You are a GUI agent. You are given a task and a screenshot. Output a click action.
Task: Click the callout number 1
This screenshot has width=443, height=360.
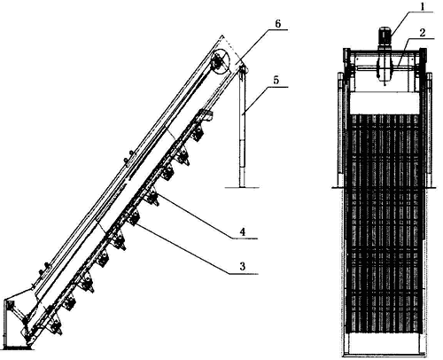click(x=422, y=6)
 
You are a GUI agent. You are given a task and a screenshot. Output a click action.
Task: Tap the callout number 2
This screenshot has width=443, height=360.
click(x=423, y=33)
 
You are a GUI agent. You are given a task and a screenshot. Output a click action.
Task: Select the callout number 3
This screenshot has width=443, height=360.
click(x=243, y=266)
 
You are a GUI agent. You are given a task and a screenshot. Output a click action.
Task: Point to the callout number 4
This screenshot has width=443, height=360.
click(x=243, y=231)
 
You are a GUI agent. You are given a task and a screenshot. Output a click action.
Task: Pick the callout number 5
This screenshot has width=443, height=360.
click(x=276, y=81)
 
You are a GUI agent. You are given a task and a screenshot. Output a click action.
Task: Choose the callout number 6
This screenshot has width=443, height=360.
click(x=277, y=24)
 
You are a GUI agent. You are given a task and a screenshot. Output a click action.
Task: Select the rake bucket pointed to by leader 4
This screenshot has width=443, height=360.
click(x=152, y=197)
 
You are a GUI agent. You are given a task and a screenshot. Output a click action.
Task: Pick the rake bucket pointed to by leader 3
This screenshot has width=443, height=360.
click(x=134, y=217)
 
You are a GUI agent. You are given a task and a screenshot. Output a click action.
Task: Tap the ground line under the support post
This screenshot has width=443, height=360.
click(x=242, y=187)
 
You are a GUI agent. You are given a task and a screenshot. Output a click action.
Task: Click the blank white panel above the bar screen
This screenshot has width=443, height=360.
click(x=385, y=103)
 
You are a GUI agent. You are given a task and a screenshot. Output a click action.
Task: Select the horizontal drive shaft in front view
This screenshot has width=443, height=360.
click(x=384, y=68)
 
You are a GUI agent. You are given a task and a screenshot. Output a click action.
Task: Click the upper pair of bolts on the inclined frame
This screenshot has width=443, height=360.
click(x=128, y=157)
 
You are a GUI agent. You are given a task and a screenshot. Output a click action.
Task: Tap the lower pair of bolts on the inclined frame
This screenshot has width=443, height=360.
click(x=43, y=268)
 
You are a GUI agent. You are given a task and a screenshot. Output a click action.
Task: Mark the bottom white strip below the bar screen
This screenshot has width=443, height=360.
click(x=385, y=343)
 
